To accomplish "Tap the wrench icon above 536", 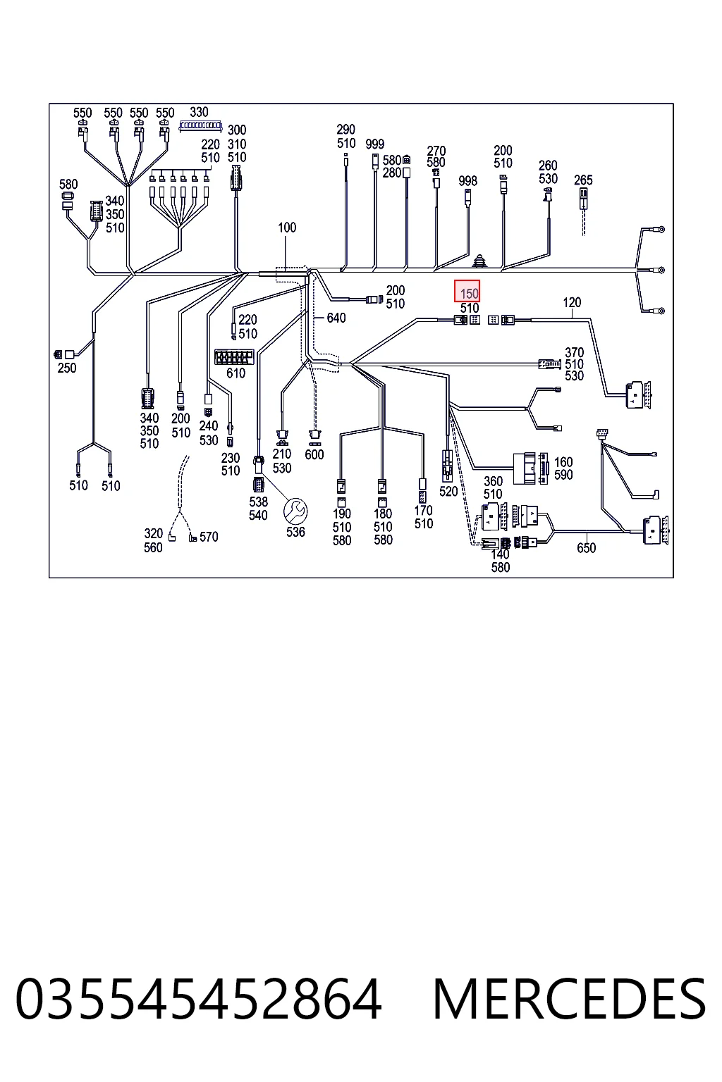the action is click(295, 511).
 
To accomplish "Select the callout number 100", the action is click(287, 228).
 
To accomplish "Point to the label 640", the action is click(336, 318).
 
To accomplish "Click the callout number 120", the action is click(572, 302).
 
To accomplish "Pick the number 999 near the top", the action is click(375, 144).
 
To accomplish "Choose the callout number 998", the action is click(467, 181).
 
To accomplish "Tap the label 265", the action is click(583, 180).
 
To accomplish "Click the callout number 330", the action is click(199, 112).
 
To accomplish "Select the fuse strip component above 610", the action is click(234, 357).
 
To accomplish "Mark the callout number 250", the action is click(67, 368).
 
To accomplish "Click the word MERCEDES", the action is click(569, 998).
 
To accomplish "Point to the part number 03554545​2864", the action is click(199, 998).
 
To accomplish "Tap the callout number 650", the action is click(586, 548).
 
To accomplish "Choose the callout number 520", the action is click(448, 492).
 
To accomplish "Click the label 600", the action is click(314, 454).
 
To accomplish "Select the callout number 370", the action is click(574, 353).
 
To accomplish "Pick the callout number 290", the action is click(345, 130).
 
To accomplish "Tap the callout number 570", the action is click(209, 537).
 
